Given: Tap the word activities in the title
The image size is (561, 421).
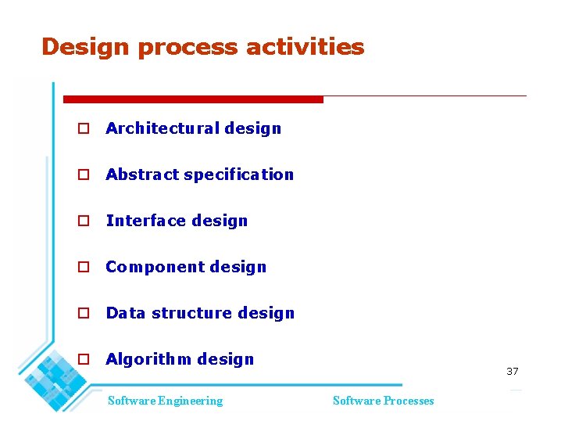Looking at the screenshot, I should pos(305,47).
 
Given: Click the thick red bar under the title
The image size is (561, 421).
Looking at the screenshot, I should pos(193,99).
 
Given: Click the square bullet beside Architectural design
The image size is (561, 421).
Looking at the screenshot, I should pos(82,128).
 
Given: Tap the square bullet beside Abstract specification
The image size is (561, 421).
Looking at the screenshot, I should pos(82,175).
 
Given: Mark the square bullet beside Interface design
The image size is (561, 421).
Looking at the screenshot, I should pos(82,221).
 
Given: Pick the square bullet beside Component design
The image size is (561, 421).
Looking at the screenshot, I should pos(82,267).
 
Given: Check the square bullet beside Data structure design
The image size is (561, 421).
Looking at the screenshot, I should pos(82,313).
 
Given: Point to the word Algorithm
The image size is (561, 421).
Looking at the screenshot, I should pos(148,360).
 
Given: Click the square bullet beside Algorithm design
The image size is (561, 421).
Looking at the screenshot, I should pos(82,359).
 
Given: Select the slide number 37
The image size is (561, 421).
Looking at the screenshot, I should pos(512,371).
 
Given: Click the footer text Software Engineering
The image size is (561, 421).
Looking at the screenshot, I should pos(165,401).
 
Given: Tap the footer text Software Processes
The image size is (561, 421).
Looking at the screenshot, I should pos(383,401).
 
